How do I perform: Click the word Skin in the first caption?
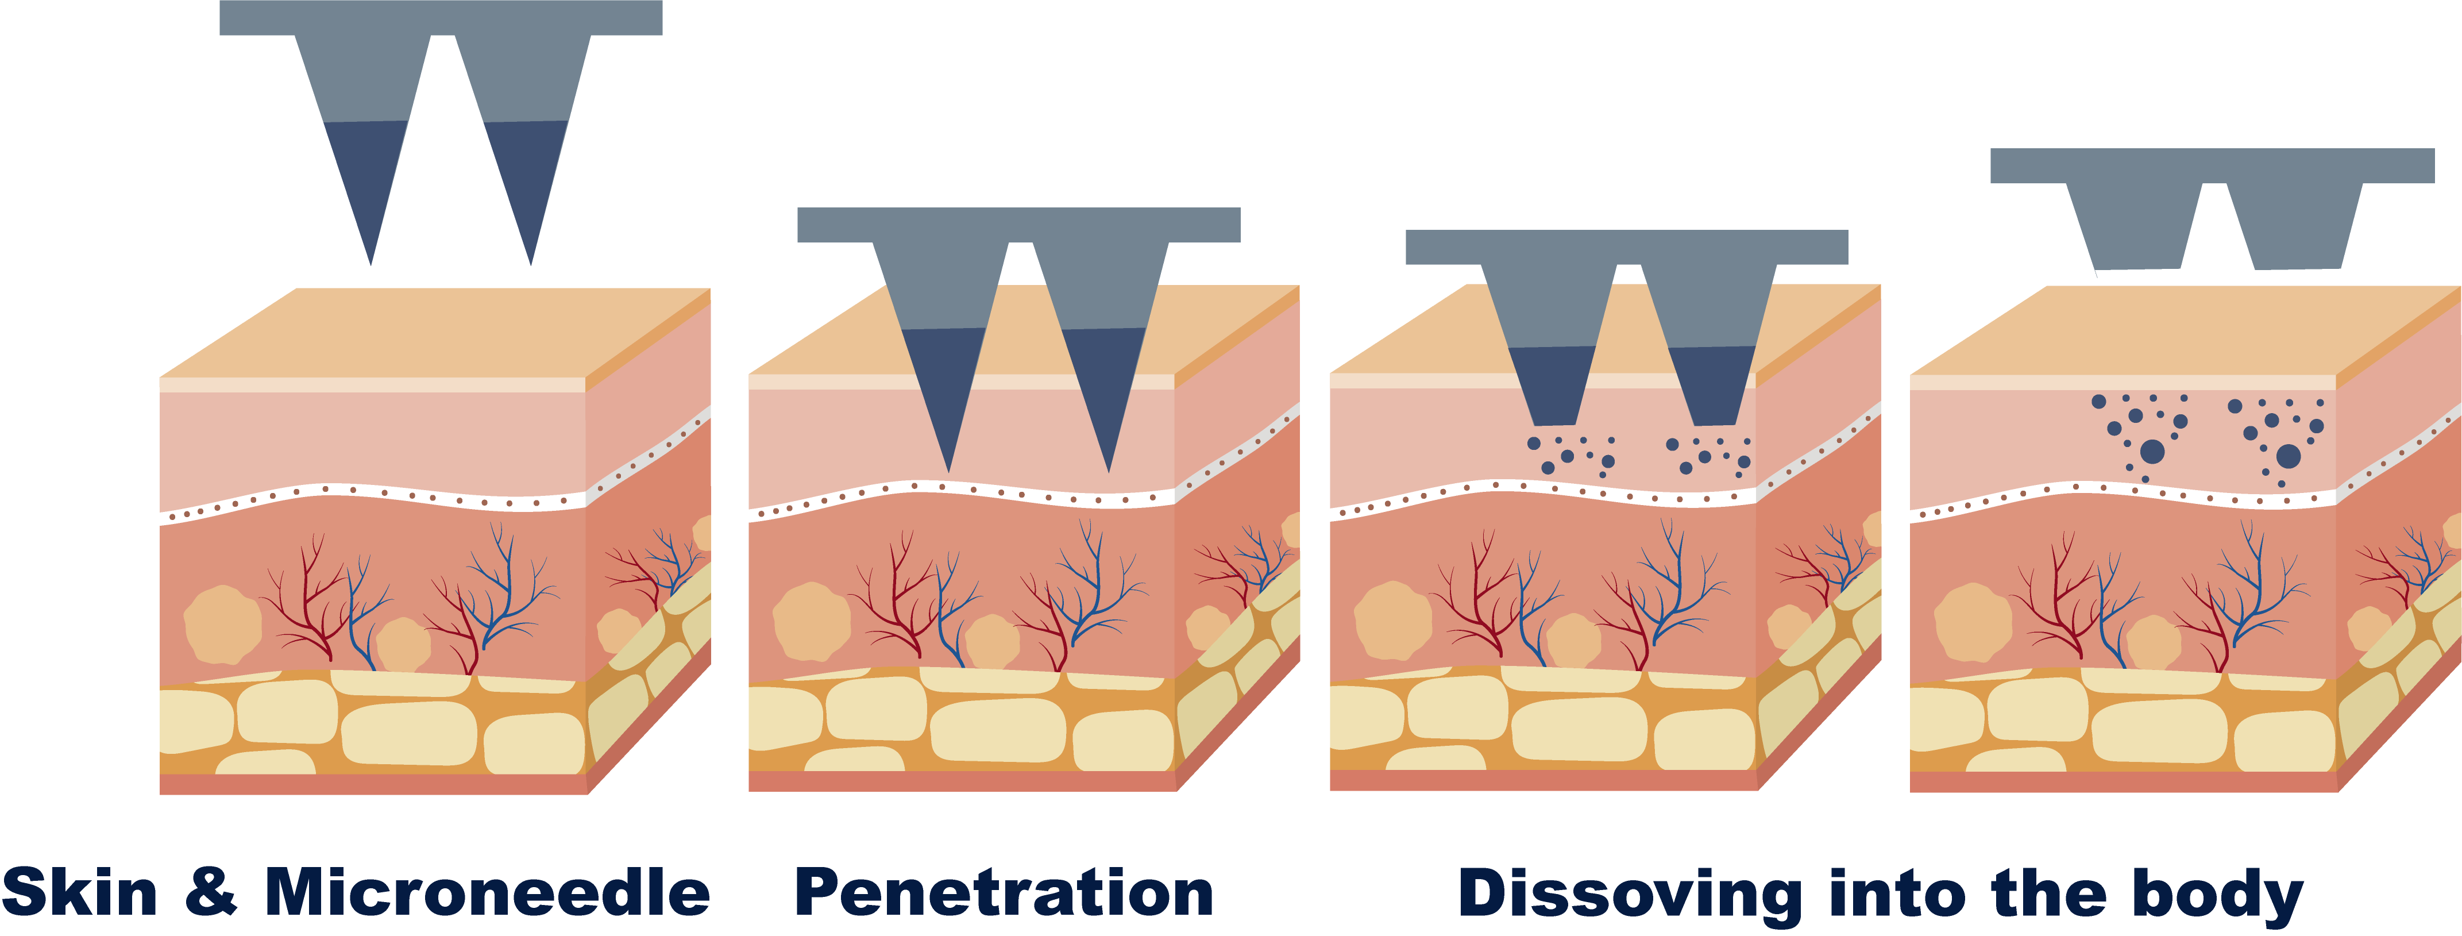(80, 893)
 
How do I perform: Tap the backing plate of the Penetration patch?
(1018, 225)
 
